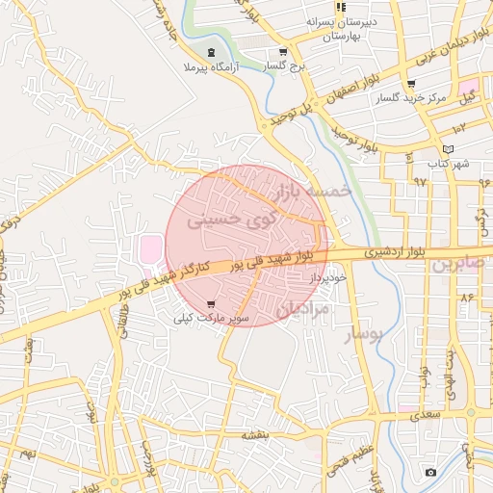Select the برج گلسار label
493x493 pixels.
283,65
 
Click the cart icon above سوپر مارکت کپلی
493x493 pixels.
211,304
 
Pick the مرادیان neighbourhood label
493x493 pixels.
302,309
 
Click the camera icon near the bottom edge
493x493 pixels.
430,472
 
